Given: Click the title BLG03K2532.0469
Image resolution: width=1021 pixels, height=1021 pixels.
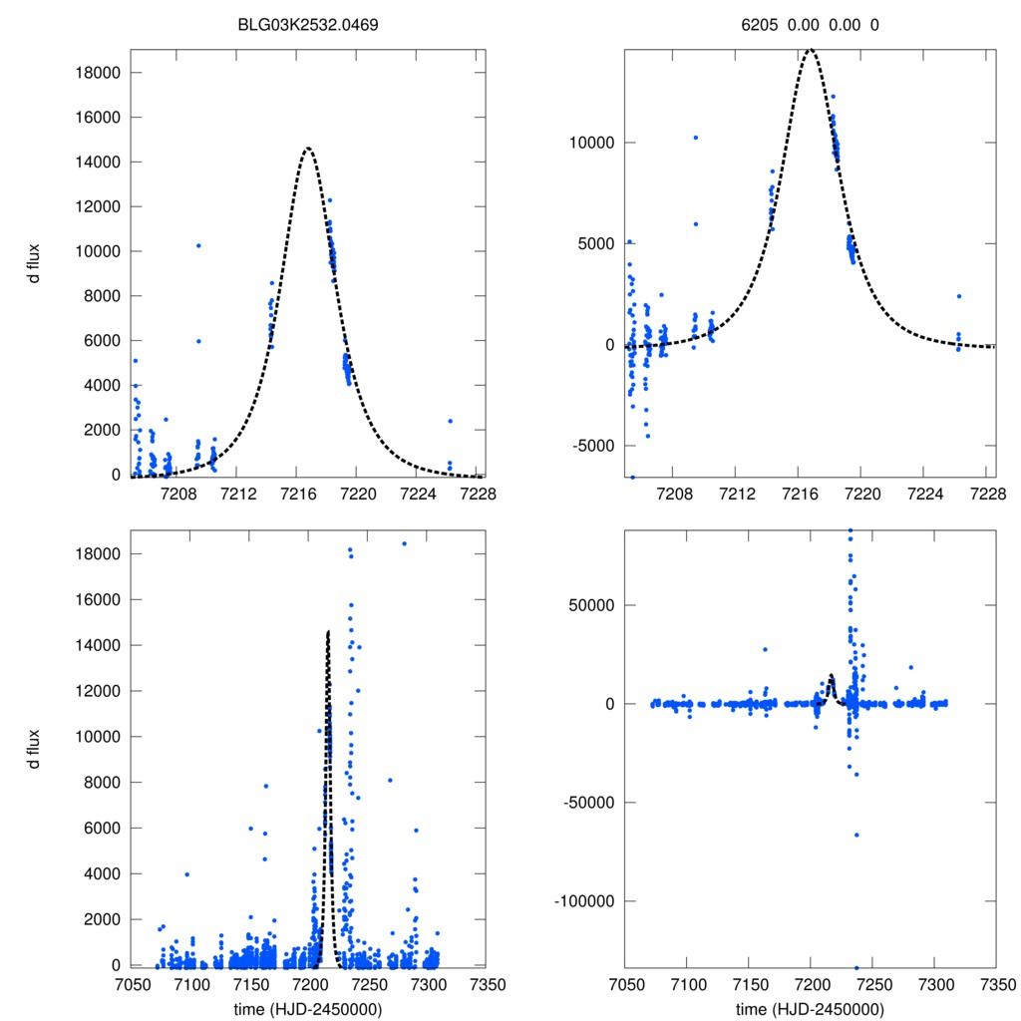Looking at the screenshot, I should coord(309,24).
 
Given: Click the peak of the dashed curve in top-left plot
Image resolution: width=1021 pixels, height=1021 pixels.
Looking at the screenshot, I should coord(307,149).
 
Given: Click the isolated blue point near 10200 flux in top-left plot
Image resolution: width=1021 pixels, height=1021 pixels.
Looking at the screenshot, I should coord(198,245).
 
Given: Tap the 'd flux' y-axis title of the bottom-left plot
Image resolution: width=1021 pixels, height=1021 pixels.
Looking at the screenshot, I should coord(34,750).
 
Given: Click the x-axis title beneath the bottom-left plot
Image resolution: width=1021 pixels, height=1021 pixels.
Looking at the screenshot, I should coord(308,1009).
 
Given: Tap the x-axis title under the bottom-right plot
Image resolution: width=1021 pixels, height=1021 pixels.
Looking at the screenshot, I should coord(810,1009).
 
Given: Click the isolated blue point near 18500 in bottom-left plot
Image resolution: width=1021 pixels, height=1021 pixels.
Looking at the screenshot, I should coord(404,543).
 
